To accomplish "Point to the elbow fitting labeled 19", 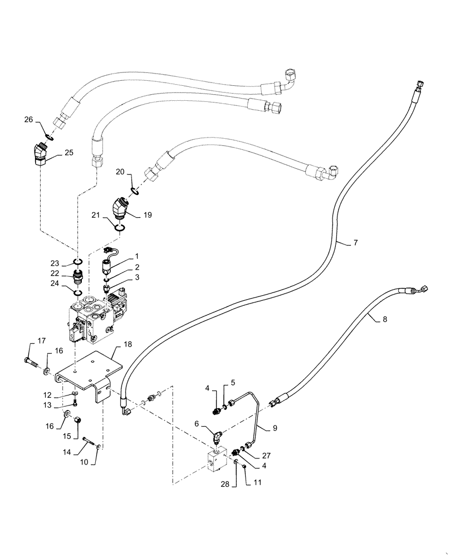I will (x=119, y=209).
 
